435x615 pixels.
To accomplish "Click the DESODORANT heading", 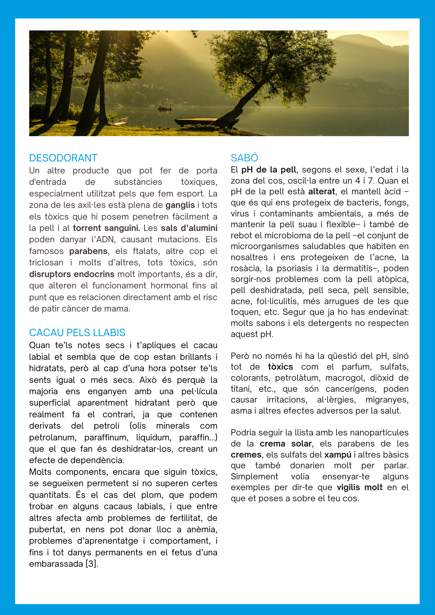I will (x=63, y=158).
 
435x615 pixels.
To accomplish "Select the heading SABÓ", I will (x=244, y=158).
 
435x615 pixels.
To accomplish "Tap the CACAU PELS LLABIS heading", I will (x=77, y=332).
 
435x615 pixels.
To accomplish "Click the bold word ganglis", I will (x=180, y=205).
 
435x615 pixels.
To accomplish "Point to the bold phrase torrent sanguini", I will (x=106, y=228).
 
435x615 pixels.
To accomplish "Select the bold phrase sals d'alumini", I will (x=189, y=228).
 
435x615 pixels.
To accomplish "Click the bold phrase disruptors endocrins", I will (x=72, y=274).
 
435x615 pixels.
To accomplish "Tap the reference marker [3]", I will (x=92, y=564).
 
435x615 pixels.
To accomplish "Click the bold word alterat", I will (x=321, y=192).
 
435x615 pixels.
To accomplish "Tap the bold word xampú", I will (x=337, y=454).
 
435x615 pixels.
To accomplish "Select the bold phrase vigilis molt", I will (x=359, y=487).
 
